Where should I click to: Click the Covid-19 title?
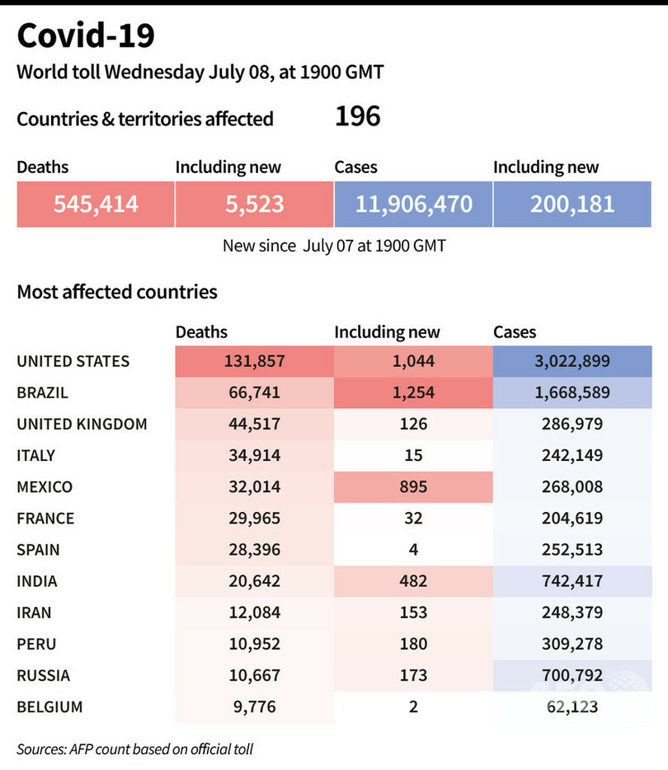pos(86,36)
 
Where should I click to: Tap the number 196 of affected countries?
pos(357,116)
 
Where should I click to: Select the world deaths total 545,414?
pos(96,204)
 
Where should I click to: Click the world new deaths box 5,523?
pos(254,204)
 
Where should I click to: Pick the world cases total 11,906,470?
pos(413,204)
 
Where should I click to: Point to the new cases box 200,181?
pos(572,204)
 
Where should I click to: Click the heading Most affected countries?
pos(117,292)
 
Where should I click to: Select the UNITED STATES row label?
pos(73,361)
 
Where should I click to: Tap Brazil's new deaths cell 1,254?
pos(413,392)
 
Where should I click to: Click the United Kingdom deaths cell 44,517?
pos(254,424)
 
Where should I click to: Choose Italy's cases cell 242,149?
pos(572,455)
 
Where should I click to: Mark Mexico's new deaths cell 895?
pos(413,486)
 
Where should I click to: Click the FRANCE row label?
pos(45,519)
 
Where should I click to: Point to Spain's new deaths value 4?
pos(413,550)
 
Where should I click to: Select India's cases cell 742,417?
pos(572,581)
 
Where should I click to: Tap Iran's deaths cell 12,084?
pos(254,613)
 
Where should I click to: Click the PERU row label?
pos(37,644)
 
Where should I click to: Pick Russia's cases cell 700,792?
pos(572,675)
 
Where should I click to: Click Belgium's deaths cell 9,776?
pos(254,707)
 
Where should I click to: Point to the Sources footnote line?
pos(135,749)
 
